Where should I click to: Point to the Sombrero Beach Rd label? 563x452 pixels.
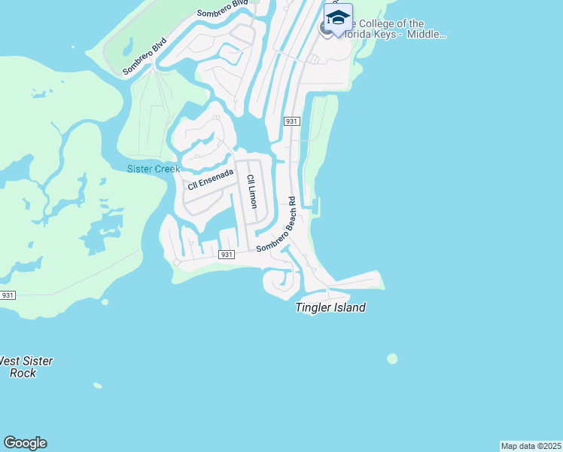[x=282, y=224]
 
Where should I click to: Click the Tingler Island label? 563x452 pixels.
[x=330, y=307]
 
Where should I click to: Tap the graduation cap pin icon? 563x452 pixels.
[x=338, y=18]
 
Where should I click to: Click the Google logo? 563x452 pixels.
[x=25, y=443]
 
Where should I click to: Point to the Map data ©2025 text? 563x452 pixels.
[x=531, y=446]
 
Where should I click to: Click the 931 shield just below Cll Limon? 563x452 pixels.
[x=227, y=255]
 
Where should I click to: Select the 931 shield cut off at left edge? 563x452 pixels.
[x=7, y=295]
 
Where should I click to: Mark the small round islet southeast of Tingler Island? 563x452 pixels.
[x=392, y=359]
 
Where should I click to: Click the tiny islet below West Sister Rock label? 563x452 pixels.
[x=97, y=386]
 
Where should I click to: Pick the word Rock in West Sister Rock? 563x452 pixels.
[x=23, y=373]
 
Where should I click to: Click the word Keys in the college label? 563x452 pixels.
[x=394, y=35]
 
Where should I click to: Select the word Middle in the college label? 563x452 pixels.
[x=428, y=35]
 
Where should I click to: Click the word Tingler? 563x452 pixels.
[x=315, y=307]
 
